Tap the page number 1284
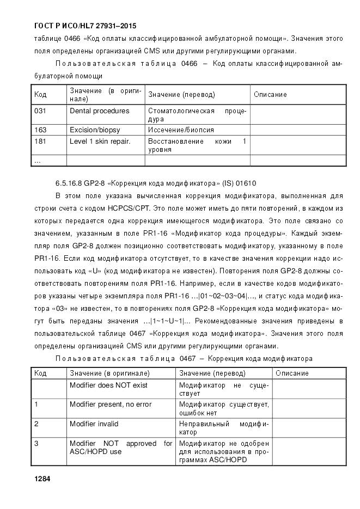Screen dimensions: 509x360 coord(42,479)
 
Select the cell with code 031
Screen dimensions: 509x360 coord(40,111)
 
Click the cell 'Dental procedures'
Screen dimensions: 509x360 coord(100,111)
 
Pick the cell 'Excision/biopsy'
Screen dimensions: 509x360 coord(95,130)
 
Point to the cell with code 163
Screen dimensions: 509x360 coord(40,130)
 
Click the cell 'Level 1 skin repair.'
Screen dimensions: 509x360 coord(100,142)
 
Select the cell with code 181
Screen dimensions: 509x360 coord(40,142)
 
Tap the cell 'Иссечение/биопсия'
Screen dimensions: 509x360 coord(181,130)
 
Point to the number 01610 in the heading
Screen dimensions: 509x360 coord(247,183)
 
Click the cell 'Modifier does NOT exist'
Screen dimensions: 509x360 coord(108,385)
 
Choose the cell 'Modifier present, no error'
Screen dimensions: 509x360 coord(111,404)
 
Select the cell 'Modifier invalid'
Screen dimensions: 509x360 coord(94,424)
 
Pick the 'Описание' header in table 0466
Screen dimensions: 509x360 coord(270,95)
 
